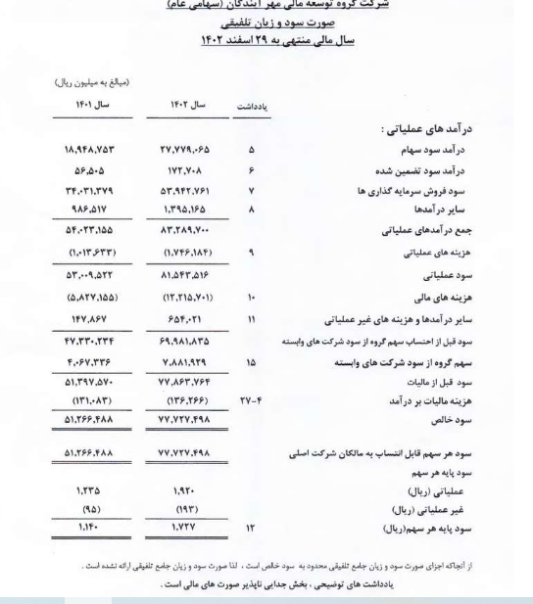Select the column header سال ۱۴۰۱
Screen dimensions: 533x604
pos(93,104)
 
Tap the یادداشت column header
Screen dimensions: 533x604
pos(255,105)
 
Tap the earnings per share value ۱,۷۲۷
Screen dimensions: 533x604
pos(187,530)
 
